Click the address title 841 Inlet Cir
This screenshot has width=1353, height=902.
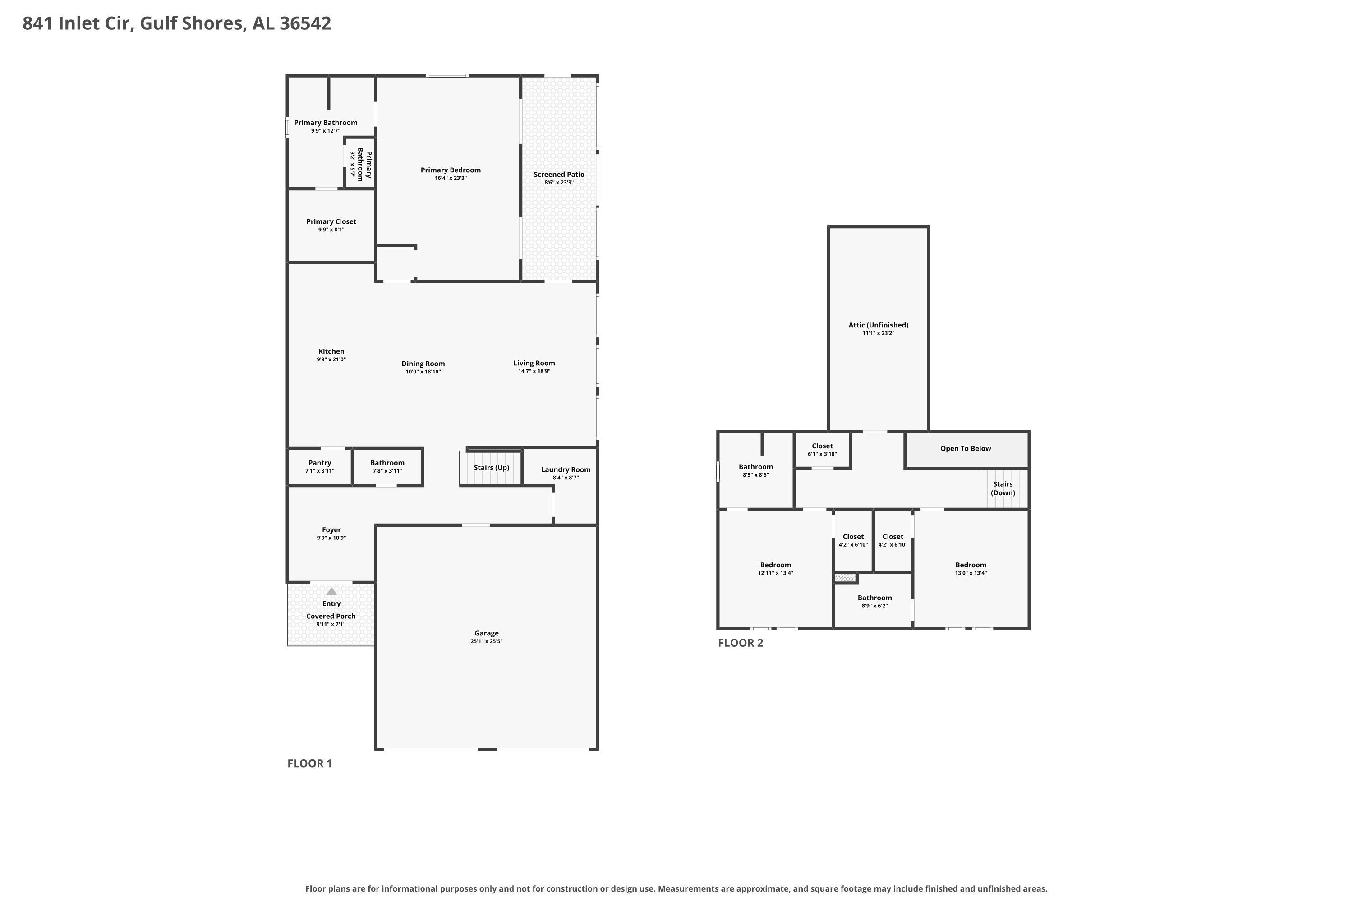tap(78, 23)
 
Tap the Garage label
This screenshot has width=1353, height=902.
tap(487, 633)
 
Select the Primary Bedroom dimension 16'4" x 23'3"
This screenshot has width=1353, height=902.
tap(451, 178)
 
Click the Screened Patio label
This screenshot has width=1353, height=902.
tap(559, 174)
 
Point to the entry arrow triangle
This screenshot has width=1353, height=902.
tap(331, 591)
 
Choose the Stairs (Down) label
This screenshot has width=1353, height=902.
tap(1003, 488)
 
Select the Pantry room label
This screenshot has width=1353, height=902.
tap(319, 463)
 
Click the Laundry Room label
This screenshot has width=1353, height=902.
tap(566, 470)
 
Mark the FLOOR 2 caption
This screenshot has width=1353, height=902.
tap(741, 643)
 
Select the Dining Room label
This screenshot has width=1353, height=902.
tap(423, 364)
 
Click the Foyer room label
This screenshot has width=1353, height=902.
tap(331, 530)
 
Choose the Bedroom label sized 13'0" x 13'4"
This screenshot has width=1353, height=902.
tap(971, 565)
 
